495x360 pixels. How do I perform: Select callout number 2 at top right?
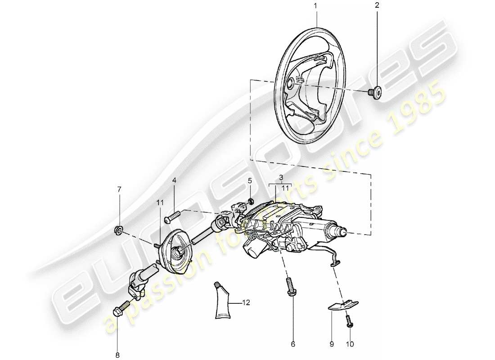coord(377,6)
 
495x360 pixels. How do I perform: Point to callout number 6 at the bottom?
coord(292,344)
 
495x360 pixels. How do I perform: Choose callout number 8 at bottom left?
coord(117,355)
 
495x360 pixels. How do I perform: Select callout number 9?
coord(331,344)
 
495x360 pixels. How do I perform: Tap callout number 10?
coord(350,344)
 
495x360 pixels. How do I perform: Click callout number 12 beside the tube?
coord(246,303)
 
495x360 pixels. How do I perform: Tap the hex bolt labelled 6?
coord(290,288)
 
